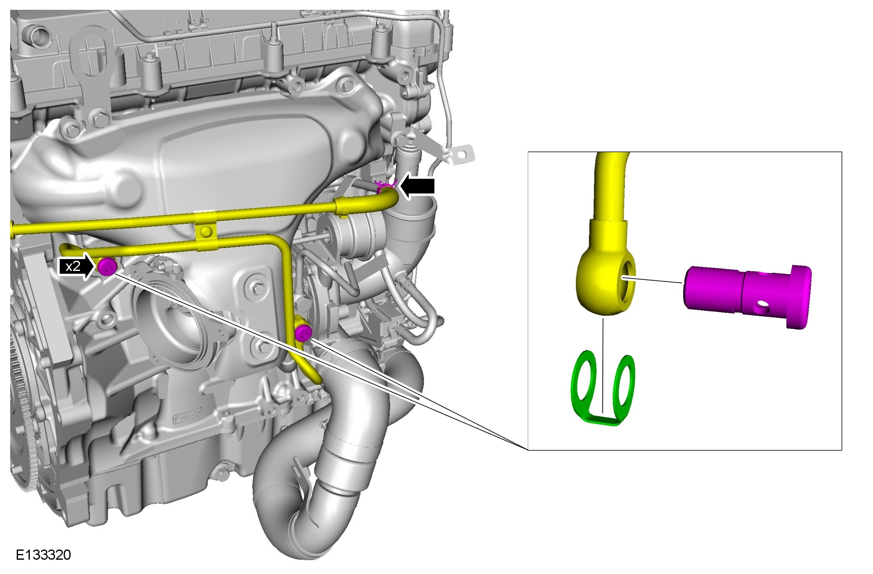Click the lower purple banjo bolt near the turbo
(x=303, y=333)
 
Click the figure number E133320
(x=43, y=555)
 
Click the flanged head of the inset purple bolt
(x=800, y=296)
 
